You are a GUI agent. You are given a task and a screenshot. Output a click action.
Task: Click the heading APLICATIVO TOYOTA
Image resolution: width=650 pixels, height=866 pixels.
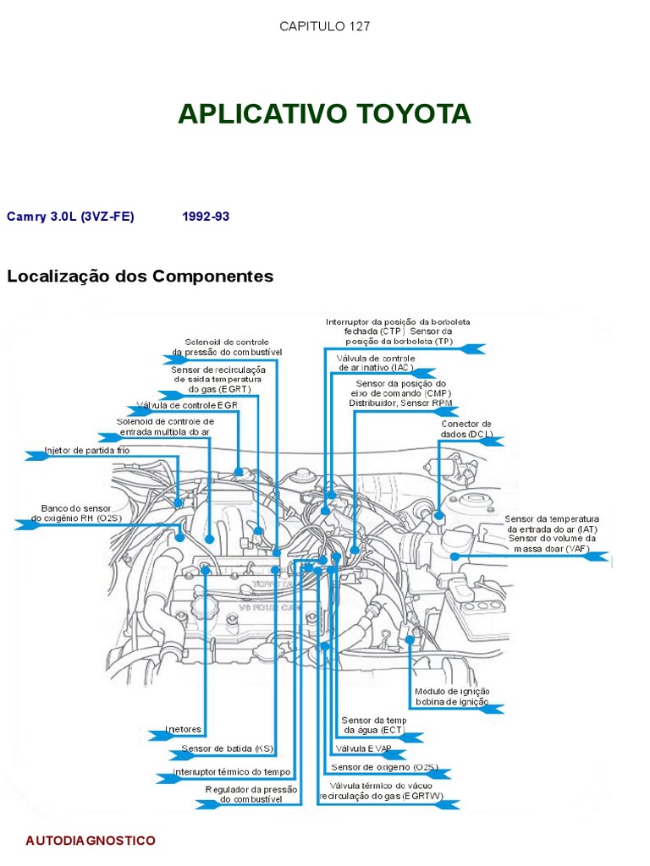coord(324,114)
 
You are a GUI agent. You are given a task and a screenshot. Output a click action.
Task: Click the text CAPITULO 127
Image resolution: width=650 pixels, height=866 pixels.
coord(325,26)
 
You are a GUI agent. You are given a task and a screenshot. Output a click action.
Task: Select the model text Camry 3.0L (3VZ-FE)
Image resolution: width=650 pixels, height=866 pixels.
coord(70,216)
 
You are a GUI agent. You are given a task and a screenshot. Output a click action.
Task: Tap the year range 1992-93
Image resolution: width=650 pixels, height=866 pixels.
coord(206,216)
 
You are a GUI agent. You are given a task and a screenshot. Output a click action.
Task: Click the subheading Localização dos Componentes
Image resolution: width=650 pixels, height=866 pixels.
coord(140,277)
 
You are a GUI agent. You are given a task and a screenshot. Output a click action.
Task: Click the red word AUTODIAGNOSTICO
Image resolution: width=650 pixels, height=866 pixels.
coord(91,841)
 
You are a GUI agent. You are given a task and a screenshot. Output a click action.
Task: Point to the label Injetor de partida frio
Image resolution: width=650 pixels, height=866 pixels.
coord(87,451)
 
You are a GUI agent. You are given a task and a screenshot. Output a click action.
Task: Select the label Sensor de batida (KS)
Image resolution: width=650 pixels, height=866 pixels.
coord(227,748)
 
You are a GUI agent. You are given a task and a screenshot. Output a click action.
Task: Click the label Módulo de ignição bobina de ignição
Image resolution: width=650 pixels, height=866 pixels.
coord(452,697)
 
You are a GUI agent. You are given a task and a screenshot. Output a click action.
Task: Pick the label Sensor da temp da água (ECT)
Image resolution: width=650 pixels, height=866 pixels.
coord(374,725)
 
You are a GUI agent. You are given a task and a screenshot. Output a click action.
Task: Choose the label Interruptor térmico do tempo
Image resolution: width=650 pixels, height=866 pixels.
coord(231,772)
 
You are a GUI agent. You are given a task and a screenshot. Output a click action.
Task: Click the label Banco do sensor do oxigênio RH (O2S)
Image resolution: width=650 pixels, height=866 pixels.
coord(76,513)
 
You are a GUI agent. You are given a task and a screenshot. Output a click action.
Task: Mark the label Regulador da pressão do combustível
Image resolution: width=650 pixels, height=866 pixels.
coord(252,794)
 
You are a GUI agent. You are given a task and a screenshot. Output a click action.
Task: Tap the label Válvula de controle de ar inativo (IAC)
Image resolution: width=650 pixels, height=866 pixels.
coord(376,363)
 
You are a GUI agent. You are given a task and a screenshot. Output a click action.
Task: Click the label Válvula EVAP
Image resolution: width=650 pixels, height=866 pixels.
coord(363,748)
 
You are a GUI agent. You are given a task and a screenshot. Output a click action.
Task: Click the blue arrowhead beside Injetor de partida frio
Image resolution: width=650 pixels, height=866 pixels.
coord(36,455)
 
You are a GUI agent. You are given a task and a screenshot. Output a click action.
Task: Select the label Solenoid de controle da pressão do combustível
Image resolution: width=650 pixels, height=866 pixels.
coord(227,347)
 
